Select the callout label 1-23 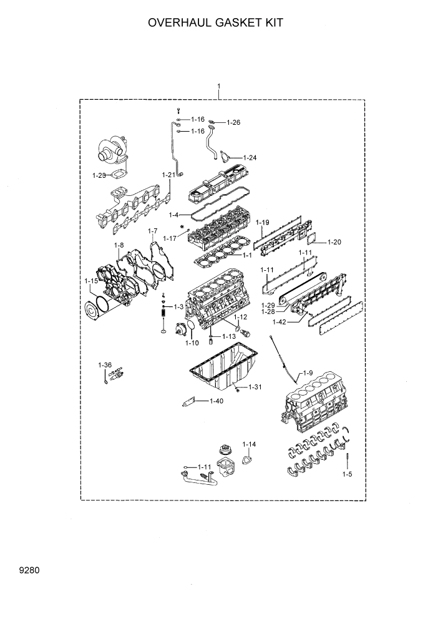[x=99, y=176]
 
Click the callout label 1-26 [x=233, y=122]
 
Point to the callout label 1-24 [x=250, y=157]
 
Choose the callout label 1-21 [x=168, y=175]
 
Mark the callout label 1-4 [x=180, y=215]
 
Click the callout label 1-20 [x=334, y=241]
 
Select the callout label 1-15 [x=91, y=281]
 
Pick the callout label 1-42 [x=280, y=322]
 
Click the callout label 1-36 [x=104, y=364]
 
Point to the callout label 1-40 [x=217, y=401]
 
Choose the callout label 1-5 [x=347, y=474]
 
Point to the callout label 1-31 [x=255, y=387]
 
